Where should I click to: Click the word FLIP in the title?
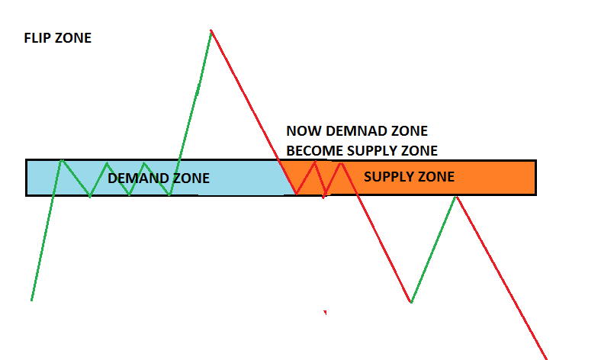click(38, 37)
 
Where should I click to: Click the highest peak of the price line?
click(211, 31)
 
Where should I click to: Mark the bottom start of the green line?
click(31, 300)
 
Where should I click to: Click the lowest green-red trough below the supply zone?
click(411, 303)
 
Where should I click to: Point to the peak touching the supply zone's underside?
click(456, 196)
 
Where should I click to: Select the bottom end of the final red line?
click(546, 358)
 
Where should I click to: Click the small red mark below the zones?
click(326, 312)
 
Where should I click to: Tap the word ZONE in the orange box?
click(436, 177)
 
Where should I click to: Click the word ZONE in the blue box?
click(191, 178)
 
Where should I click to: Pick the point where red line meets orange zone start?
click(295, 194)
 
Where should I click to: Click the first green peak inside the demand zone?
click(62, 160)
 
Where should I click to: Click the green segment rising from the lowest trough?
click(433, 249)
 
